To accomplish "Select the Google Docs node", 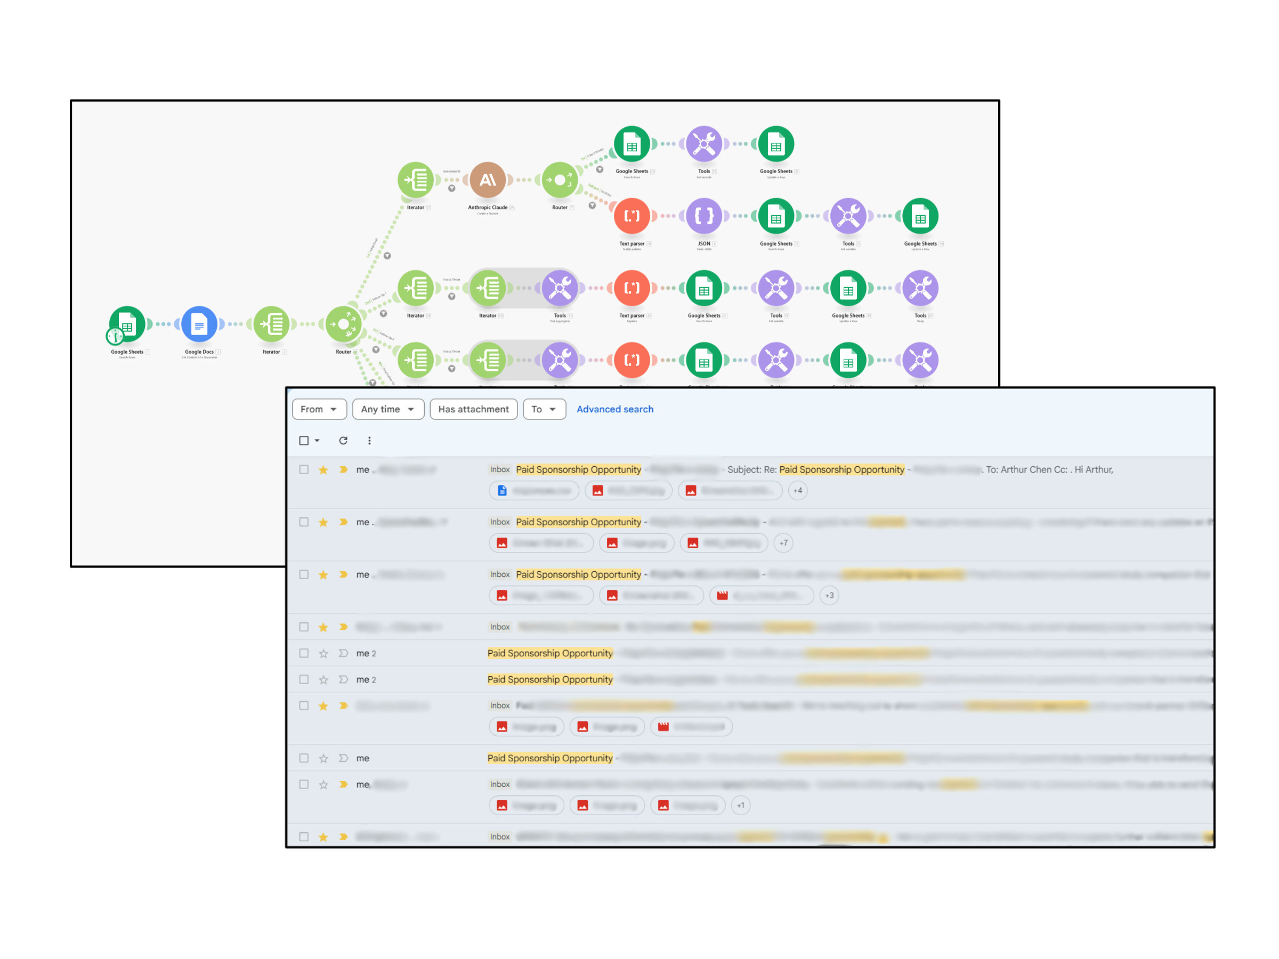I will (x=199, y=324).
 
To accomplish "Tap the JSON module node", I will (x=703, y=216).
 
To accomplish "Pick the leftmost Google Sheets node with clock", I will (x=127, y=324).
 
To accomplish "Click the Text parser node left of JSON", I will (x=632, y=216).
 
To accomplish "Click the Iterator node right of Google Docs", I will (x=271, y=324).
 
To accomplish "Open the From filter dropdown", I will (x=319, y=409).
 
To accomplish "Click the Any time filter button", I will (x=387, y=409).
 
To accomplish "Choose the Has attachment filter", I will (x=473, y=409).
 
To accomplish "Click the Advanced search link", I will (x=614, y=409).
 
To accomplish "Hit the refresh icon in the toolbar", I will (x=343, y=441).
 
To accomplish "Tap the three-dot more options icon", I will (x=369, y=441).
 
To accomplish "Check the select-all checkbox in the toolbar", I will (x=304, y=441).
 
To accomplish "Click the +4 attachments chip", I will (x=797, y=491).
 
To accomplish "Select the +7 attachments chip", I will (x=783, y=543).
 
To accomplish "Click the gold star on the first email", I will (x=323, y=470).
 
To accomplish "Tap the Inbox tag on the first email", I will (x=499, y=470).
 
